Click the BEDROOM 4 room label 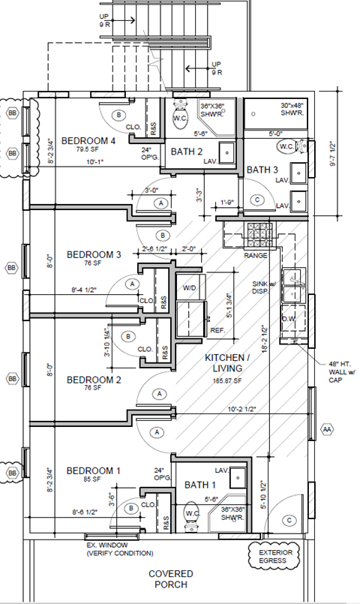[88, 140]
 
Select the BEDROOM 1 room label [94, 470]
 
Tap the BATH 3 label [262, 169]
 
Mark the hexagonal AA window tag [326, 429]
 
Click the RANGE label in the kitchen [256, 255]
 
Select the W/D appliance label [190, 287]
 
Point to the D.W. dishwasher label [290, 317]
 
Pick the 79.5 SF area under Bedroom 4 [75, 149]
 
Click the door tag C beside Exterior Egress [289, 519]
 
